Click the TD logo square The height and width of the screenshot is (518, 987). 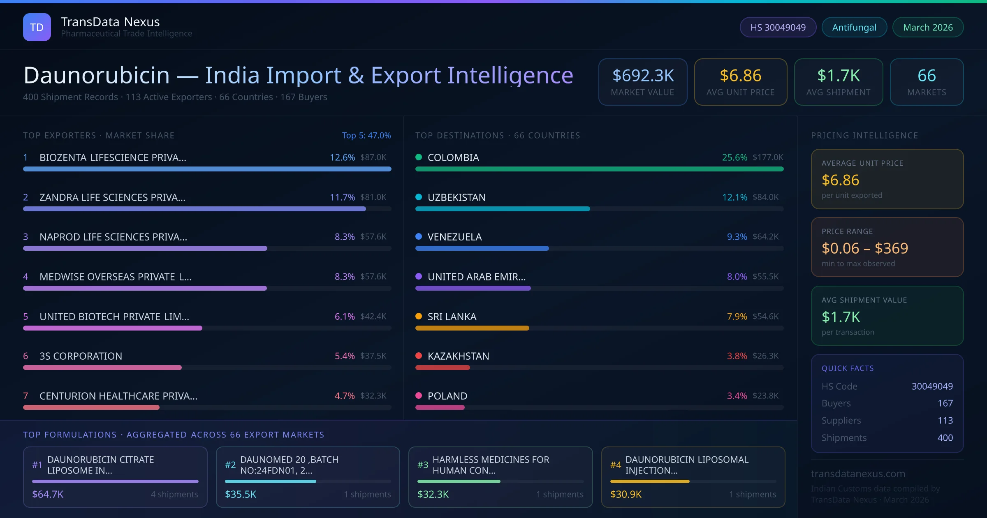(x=37, y=27)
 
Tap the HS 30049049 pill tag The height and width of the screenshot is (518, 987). (x=778, y=27)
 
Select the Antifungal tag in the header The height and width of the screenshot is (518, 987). (x=854, y=27)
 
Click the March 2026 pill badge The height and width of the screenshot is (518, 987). (x=928, y=27)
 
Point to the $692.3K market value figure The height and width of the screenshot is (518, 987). (x=643, y=76)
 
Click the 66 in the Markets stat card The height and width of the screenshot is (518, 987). (x=927, y=76)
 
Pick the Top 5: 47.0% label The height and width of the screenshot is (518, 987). (x=366, y=135)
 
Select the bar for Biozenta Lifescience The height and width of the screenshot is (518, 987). (x=207, y=169)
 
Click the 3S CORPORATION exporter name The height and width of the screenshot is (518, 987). (x=81, y=356)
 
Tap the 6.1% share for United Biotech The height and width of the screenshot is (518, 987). (x=344, y=317)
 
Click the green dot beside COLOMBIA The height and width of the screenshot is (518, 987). (x=419, y=157)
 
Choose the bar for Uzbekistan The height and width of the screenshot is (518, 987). (x=503, y=209)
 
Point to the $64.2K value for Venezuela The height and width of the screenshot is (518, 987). (x=765, y=237)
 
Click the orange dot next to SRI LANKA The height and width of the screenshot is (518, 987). (x=419, y=316)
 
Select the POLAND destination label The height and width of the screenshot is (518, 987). (x=447, y=396)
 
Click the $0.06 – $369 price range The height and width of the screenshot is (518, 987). (x=864, y=248)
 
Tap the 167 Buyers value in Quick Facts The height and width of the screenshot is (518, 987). (x=945, y=403)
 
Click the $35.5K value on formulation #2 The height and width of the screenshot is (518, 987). (x=241, y=494)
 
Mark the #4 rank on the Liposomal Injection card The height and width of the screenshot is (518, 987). (x=615, y=465)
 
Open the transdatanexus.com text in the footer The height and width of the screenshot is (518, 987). (x=858, y=474)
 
